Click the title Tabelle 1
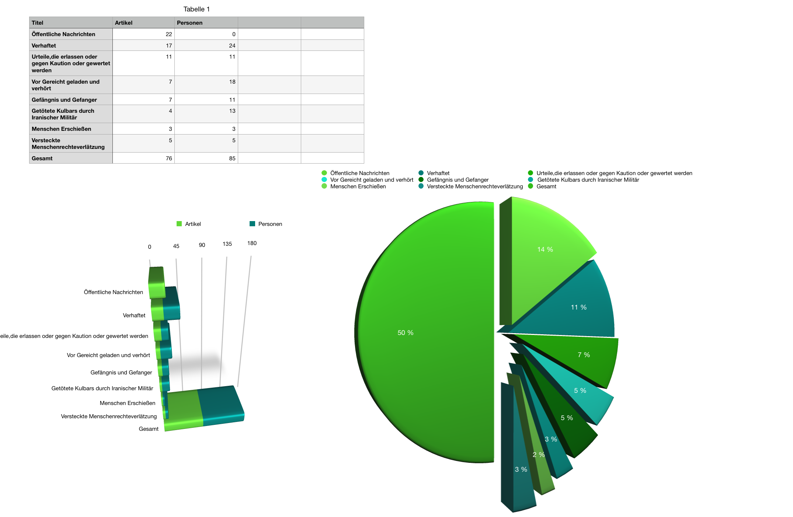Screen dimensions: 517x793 pyautogui.click(x=196, y=9)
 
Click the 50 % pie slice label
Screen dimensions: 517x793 pyautogui.click(x=405, y=333)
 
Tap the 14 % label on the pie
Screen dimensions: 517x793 pyautogui.click(x=545, y=249)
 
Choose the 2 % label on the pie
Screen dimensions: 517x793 pyautogui.click(x=539, y=455)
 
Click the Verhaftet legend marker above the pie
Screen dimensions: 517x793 pyautogui.click(x=421, y=173)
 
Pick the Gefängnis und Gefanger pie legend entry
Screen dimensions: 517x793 pyautogui.click(x=458, y=180)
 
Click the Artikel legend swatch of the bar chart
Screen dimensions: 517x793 pyautogui.click(x=179, y=224)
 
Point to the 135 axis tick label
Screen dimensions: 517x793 pyautogui.click(x=227, y=244)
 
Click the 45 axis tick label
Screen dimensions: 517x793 pyautogui.click(x=176, y=246)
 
